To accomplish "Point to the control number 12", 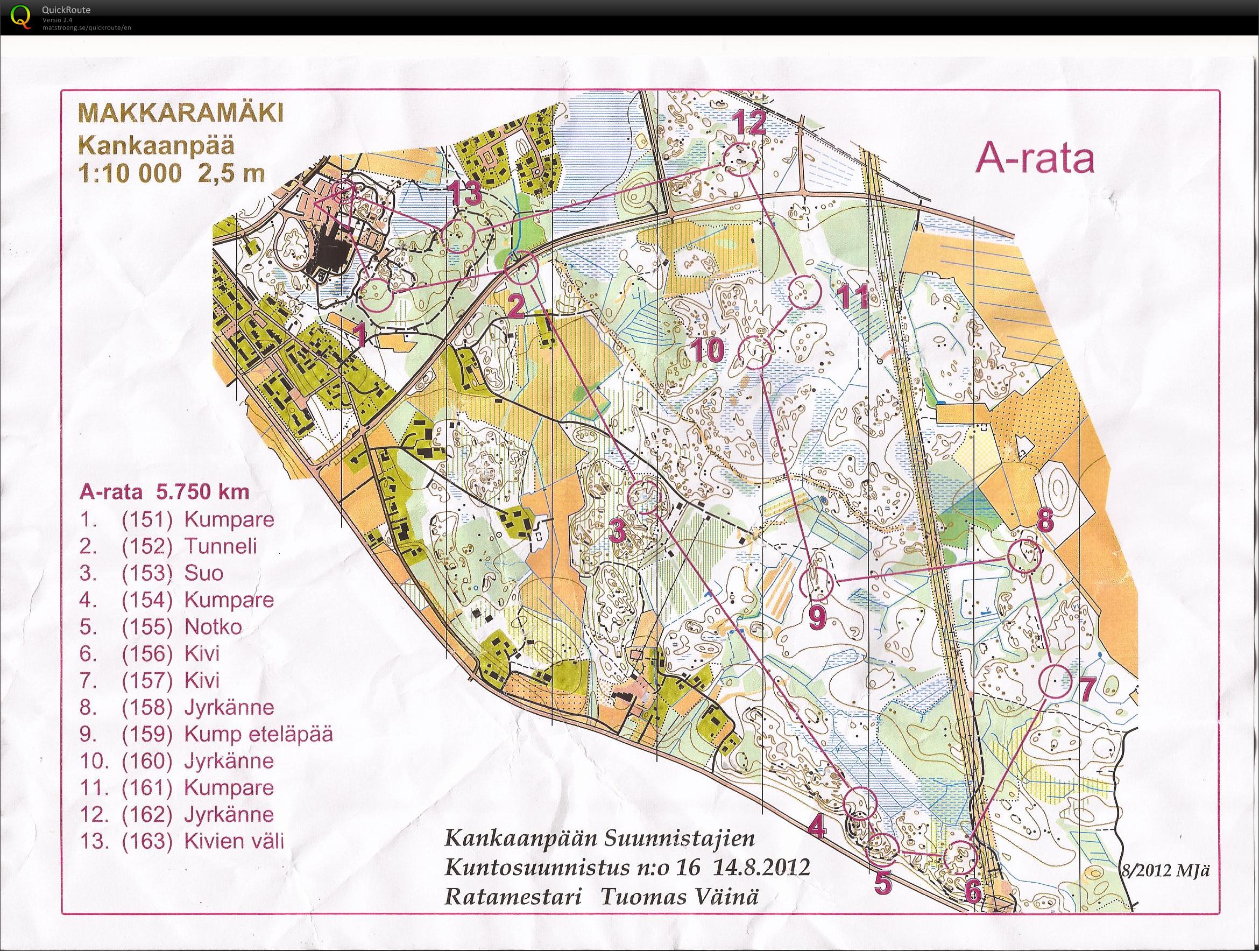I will pyautogui.click(x=748, y=124).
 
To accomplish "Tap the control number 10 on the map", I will pyautogui.click(x=709, y=350).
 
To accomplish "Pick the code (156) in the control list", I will pyautogui.click(x=146, y=653).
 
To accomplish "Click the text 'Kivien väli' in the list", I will pyautogui.click(x=234, y=841).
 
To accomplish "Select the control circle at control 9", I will pyautogui.click(x=816, y=583).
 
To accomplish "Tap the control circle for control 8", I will pyautogui.click(x=1024, y=557).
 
